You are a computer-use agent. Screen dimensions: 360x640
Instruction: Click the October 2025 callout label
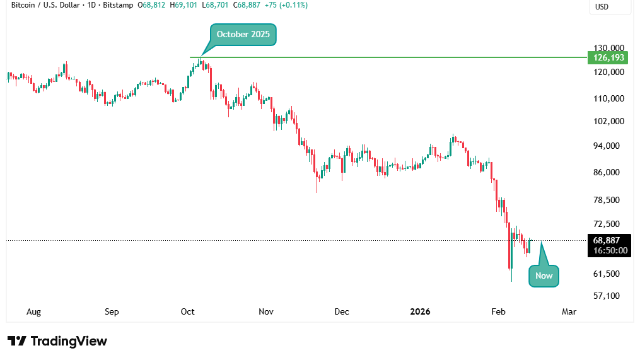point(243,35)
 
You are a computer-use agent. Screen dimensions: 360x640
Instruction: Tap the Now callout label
point(544,276)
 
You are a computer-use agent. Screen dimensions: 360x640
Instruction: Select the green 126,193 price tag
point(608,58)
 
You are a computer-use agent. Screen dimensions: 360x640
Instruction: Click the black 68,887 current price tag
point(608,240)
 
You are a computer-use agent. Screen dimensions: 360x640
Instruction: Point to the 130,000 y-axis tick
point(608,48)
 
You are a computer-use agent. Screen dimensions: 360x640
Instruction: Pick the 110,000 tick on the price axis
point(608,98)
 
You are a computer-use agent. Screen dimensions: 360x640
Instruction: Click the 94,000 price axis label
point(608,146)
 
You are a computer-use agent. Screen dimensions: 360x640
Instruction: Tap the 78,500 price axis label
point(608,200)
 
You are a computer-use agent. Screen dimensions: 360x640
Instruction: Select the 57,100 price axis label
point(608,296)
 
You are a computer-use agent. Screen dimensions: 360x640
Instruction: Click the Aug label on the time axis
point(33,311)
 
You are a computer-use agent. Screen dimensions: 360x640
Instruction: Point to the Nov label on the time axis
point(265,311)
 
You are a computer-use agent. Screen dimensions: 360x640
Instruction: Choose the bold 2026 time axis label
point(420,311)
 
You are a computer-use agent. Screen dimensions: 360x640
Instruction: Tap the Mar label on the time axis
point(569,311)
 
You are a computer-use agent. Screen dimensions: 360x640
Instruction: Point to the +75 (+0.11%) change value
point(286,4)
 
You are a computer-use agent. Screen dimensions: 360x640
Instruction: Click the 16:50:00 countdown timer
point(608,250)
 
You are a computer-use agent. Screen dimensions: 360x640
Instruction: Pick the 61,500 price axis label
point(608,274)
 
